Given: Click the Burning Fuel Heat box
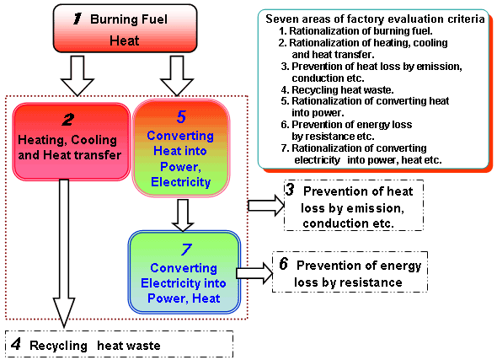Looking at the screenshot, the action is (x=125, y=28).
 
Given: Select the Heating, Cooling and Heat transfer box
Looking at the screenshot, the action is (x=72, y=142).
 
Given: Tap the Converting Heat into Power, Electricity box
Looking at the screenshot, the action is (x=181, y=148).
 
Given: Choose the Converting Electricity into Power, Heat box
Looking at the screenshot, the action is (x=184, y=272).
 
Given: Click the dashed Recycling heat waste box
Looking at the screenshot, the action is (x=119, y=345).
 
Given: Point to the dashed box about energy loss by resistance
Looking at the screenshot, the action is (x=350, y=271).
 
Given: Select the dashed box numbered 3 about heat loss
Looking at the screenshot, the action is (x=354, y=205).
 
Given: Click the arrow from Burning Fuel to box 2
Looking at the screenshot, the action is (x=77, y=76).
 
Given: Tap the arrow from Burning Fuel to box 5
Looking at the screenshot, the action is (x=177, y=76).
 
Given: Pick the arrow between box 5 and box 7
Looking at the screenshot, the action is (x=183, y=215).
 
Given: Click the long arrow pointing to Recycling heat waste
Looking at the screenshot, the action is (x=64, y=253).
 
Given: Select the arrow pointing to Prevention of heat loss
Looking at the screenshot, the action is (x=266, y=206).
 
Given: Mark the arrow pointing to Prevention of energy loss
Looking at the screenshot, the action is (x=254, y=273).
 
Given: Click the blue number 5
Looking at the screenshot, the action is (x=181, y=117).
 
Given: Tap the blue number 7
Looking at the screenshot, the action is (x=186, y=250).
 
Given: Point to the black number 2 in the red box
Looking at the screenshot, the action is (x=68, y=120).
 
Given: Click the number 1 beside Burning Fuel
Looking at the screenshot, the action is (x=77, y=19).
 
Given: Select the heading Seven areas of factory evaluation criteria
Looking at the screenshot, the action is (x=375, y=19).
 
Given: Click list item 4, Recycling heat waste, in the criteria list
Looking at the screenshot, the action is (x=337, y=90).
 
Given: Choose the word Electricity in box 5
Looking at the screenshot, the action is (x=181, y=182).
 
